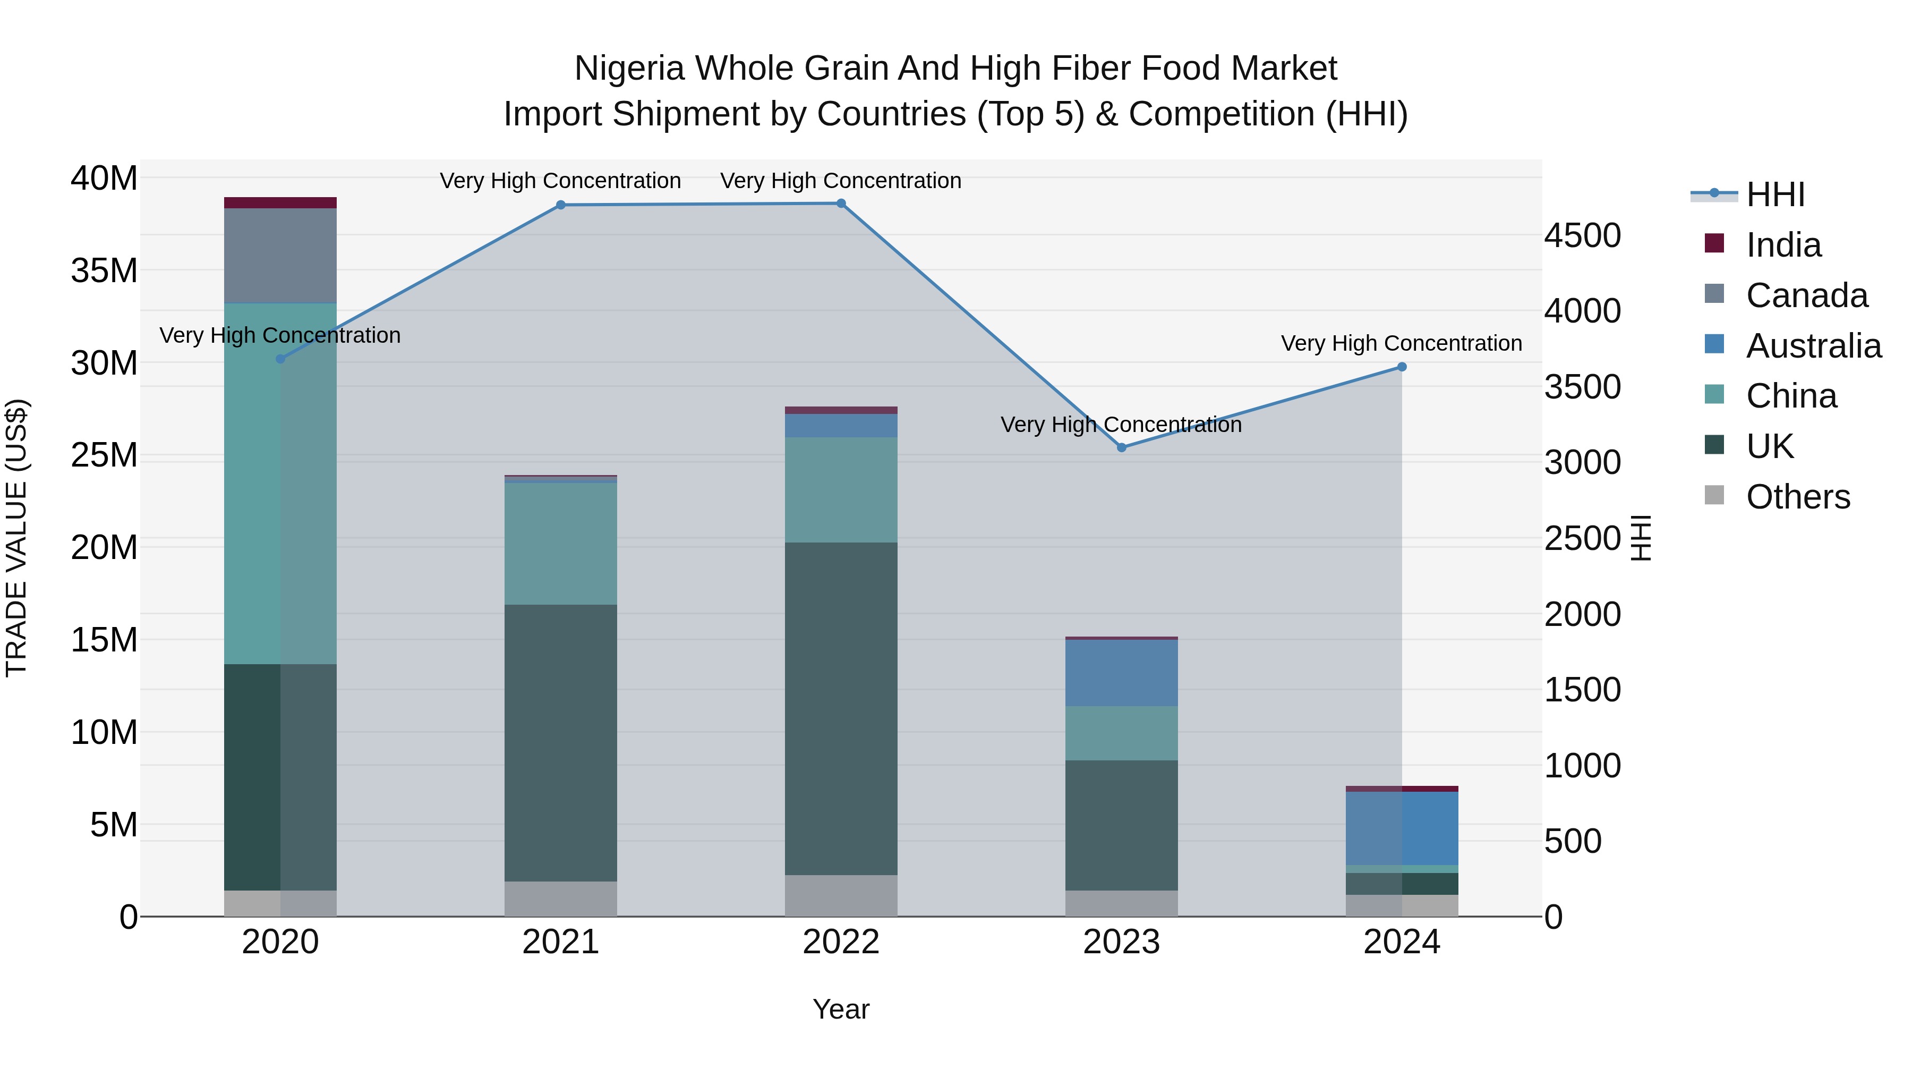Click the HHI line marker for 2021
point(560,205)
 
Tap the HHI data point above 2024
point(1402,367)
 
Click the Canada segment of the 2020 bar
point(280,256)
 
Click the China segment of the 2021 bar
point(560,544)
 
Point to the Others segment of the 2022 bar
point(841,895)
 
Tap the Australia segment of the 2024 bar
point(1402,828)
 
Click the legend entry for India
point(1783,245)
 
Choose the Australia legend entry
point(1813,346)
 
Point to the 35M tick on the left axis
point(104,270)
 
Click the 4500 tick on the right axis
point(1583,235)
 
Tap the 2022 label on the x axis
point(841,942)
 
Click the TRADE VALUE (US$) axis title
point(16,538)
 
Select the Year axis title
point(841,1009)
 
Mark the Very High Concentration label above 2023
point(1121,425)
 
